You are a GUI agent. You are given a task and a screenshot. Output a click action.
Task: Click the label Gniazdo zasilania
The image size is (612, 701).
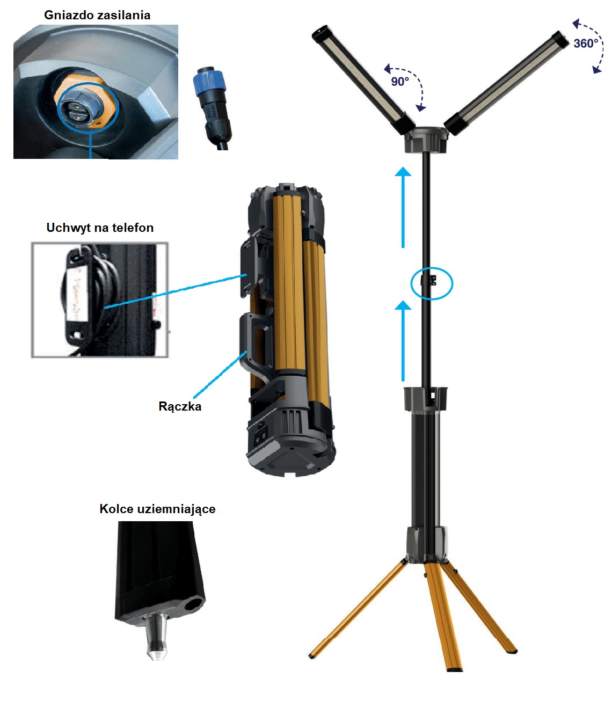point(97,16)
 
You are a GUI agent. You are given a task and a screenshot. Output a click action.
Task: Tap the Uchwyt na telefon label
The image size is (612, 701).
point(100,228)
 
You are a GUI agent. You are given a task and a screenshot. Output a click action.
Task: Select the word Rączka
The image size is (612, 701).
point(179,407)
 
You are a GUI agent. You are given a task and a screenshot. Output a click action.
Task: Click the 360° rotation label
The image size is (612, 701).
point(586,43)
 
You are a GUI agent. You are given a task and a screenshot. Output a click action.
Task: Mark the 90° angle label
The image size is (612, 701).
point(400,81)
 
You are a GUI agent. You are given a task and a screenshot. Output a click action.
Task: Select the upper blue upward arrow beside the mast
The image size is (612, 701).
point(403,207)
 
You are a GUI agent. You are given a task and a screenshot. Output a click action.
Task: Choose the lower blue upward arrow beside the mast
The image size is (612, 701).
point(403,340)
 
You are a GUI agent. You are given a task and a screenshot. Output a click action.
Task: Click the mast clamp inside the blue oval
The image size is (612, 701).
point(428,281)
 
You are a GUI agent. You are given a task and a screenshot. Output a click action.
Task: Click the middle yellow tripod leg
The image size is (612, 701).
point(443,617)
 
